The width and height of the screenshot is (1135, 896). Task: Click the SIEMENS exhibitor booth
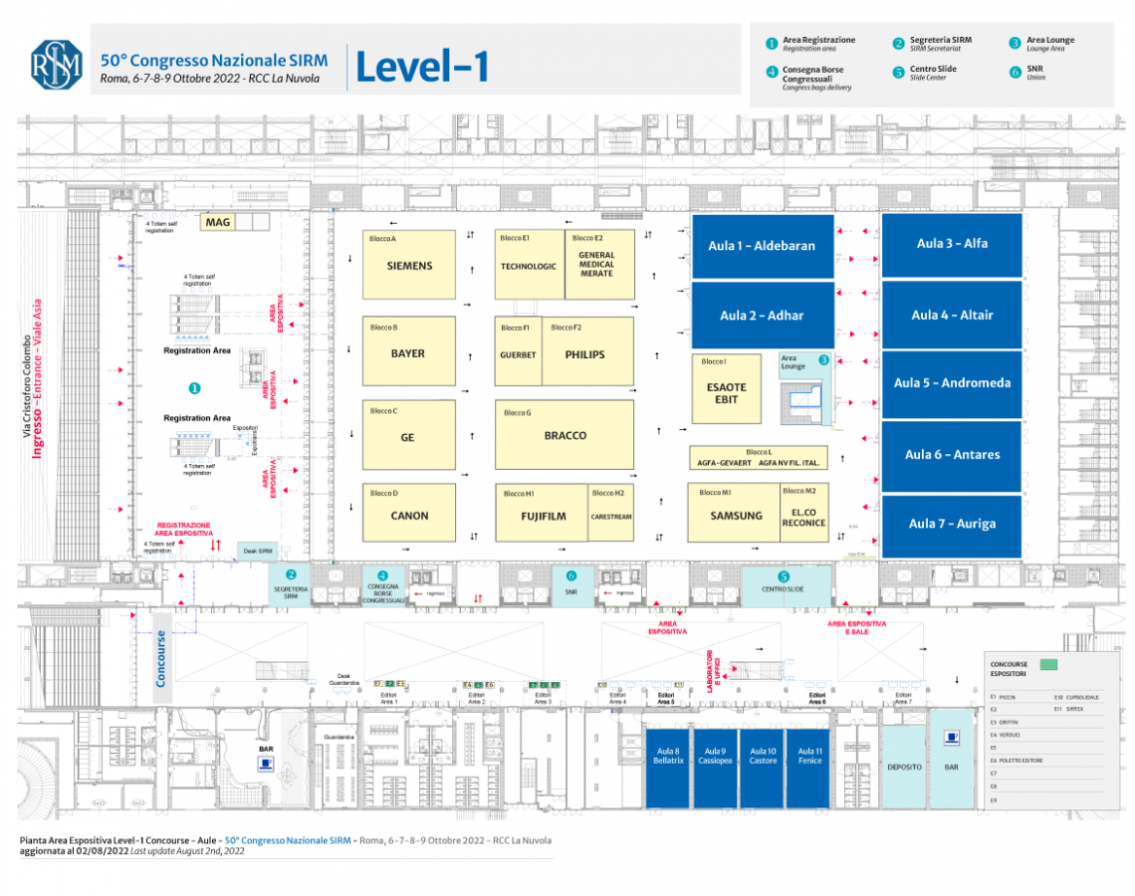point(409,266)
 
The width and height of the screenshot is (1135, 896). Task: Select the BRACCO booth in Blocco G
point(565,435)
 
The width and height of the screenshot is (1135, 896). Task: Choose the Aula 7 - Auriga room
point(952,524)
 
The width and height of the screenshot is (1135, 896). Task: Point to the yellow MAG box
point(217,222)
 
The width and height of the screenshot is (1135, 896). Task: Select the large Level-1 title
point(422,67)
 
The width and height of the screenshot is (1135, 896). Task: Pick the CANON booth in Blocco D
point(409,515)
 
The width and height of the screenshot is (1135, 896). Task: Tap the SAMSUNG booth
point(735,515)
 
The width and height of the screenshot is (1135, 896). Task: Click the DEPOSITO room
point(904,767)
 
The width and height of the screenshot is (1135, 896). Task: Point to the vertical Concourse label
point(161,657)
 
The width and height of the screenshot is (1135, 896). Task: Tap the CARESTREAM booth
point(610,517)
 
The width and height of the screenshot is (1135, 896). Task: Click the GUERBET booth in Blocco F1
point(518,354)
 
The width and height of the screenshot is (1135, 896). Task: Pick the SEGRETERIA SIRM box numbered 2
point(291,586)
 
